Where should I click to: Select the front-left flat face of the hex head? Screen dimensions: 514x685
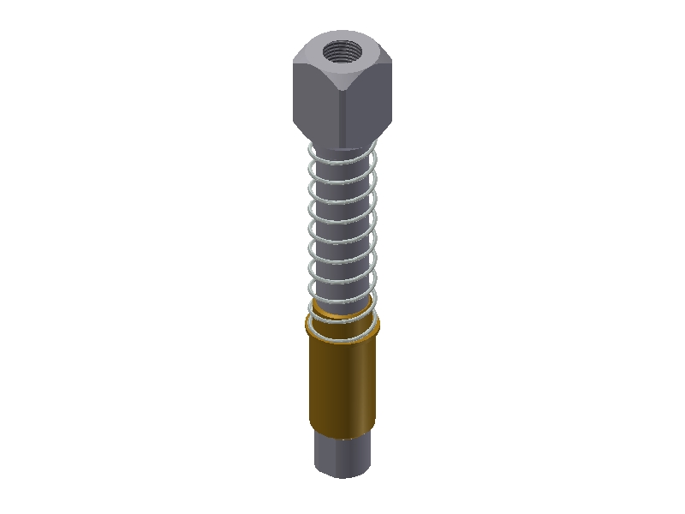click(317, 99)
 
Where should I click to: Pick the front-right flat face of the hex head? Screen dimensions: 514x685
click(368, 99)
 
